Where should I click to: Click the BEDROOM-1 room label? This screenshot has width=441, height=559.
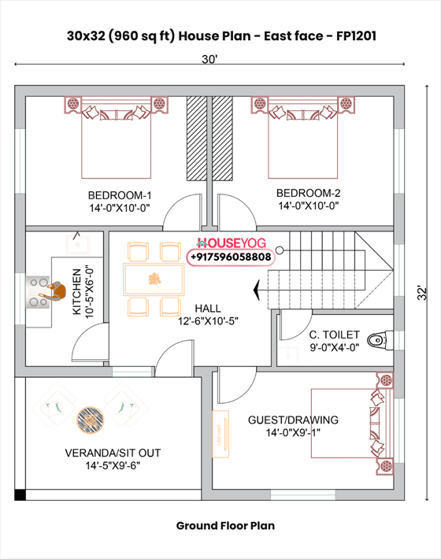click(119, 195)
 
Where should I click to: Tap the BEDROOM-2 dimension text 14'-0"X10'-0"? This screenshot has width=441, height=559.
click(308, 205)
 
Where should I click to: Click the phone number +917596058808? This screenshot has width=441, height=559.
click(230, 257)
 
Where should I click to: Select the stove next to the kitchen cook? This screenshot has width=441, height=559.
click(39, 291)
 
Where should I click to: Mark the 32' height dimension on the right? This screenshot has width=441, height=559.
click(423, 292)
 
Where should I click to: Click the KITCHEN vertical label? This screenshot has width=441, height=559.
click(76, 292)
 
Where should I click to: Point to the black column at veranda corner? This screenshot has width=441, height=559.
click(20, 495)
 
